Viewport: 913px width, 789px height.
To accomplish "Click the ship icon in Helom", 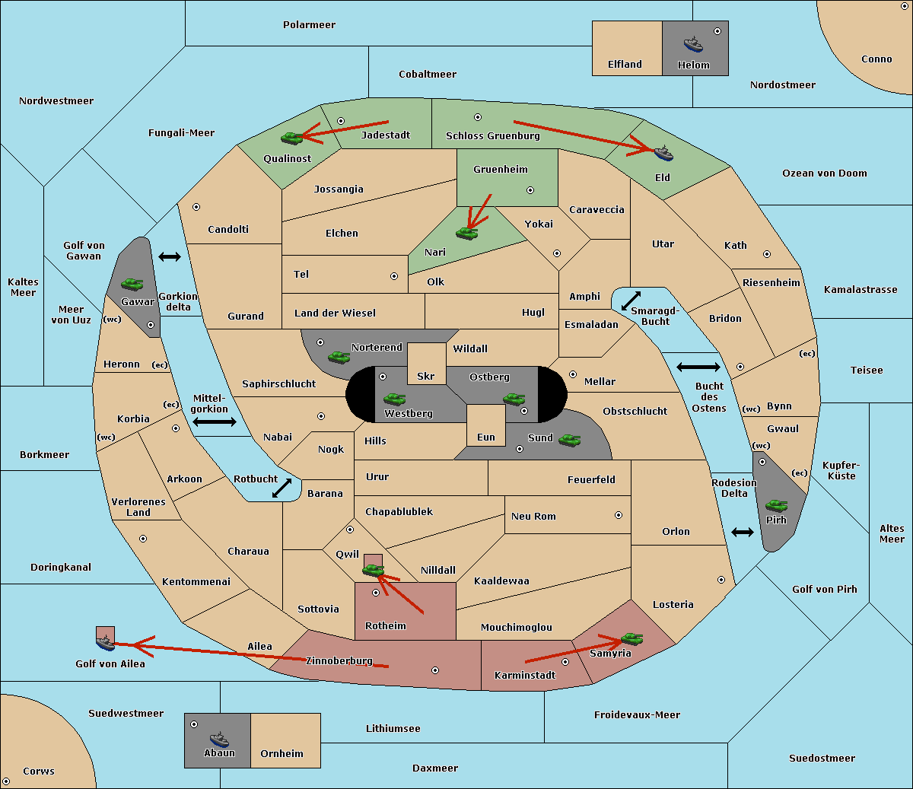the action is click(x=693, y=45).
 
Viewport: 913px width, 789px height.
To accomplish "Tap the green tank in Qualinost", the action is click(x=292, y=138).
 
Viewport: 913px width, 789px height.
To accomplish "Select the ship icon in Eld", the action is click(x=663, y=153).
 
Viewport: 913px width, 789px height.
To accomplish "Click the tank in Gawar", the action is click(x=132, y=284).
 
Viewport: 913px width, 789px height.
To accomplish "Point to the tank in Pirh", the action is click(x=777, y=505).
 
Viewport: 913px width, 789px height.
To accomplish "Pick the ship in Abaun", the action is click(x=219, y=739).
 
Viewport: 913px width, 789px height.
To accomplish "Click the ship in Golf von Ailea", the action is click(x=106, y=643).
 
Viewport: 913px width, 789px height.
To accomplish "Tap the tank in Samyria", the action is click(x=632, y=639).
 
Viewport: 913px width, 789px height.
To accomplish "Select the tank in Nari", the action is click(x=467, y=234).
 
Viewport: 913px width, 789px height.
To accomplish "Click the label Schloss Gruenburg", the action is click(x=492, y=135).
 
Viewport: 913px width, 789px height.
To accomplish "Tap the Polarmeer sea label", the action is click(x=309, y=25).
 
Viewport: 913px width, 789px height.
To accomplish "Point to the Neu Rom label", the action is click(x=533, y=516).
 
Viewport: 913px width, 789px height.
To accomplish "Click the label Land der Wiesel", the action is click(x=335, y=313).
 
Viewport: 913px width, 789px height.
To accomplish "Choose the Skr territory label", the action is click(x=426, y=376).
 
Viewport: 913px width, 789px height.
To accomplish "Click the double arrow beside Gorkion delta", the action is click(x=170, y=256).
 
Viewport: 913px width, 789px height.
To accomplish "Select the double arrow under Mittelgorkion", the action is click(x=215, y=422).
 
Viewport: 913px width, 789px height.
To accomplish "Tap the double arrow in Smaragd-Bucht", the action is click(x=631, y=301).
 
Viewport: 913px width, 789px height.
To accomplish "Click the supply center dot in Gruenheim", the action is click(x=530, y=190).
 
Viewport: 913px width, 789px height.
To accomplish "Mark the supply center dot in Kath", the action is click(x=767, y=254).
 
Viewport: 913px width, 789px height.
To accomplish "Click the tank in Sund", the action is click(x=569, y=441).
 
